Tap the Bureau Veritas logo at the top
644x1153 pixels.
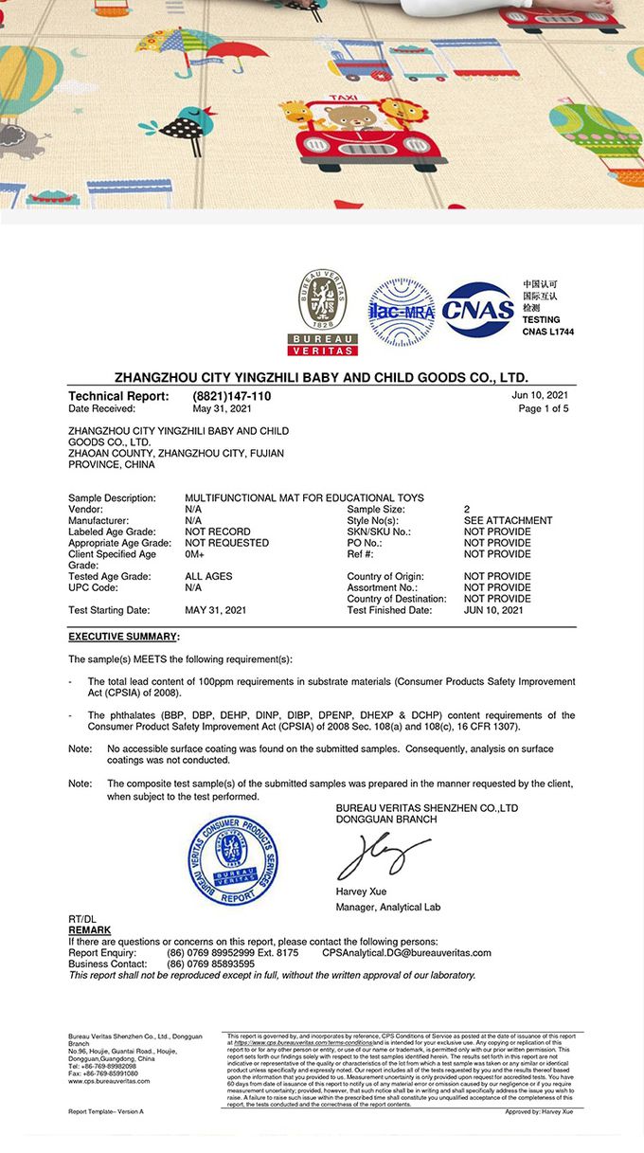click(x=322, y=312)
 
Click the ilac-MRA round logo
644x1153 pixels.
click(x=401, y=311)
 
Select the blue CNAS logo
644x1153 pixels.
click(x=478, y=311)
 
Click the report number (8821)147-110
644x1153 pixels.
click(x=232, y=396)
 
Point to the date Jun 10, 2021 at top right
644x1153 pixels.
click(x=540, y=395)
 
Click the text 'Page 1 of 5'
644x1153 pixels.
click(x=544, y=409)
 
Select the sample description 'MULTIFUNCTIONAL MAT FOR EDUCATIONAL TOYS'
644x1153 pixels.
click(x=304, y=498)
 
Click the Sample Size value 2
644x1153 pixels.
click(x=467, y=510)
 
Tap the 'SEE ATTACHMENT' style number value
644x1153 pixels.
click(x=508, y=520)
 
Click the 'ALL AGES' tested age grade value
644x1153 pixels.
click(x=208, y=576)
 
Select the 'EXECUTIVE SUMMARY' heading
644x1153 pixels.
click(x=123, y=637)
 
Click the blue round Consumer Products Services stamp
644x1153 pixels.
click(x=233, y=860)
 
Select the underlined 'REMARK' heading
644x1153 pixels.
click(x=90, y=930)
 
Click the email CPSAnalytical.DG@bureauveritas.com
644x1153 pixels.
click(x=406, y=952)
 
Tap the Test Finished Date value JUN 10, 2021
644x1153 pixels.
click(x=493, y=610)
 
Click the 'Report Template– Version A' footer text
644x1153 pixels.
click(x=106, y=1110)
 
